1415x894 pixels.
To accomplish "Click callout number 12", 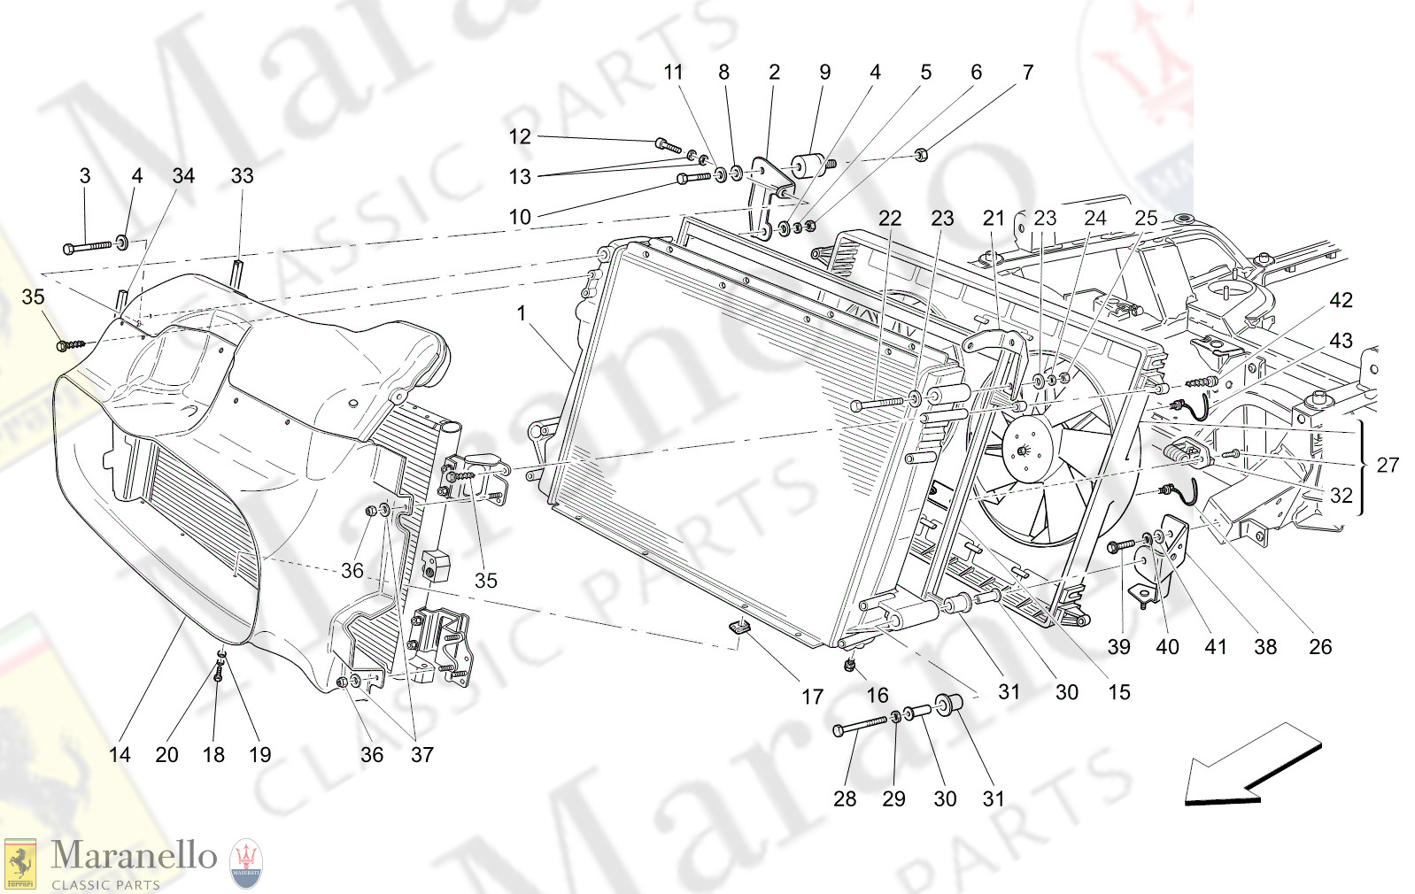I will click(519, 137).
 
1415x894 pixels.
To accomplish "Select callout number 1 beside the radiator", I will click(522, 313).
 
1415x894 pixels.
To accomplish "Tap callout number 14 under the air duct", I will click(120, 755).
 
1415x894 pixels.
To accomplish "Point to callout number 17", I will click(812, 697).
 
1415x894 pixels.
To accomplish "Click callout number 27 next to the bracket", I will click(1388, 466).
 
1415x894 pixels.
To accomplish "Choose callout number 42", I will click(1341, 301).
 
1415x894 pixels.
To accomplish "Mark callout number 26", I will click(1319, 647).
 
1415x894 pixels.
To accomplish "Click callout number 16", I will click(877, 696).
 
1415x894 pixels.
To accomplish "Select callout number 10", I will click(520, 217).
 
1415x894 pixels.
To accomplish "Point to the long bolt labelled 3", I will click(89, 246).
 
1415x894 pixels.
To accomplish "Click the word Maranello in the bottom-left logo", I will click(134, 856).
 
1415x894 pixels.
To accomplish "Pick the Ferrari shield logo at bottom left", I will click(19, 863).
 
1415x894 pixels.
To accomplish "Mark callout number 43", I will click(1341, 341).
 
